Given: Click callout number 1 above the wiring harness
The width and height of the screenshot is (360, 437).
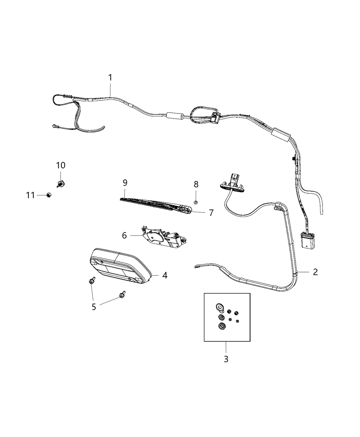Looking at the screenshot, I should click(110, 78).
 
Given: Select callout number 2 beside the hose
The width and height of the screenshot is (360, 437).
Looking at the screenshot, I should click(315, 272).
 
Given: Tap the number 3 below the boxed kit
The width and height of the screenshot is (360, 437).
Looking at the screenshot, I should click(226, 359).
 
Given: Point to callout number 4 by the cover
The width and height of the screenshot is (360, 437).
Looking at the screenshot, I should click(165, 275).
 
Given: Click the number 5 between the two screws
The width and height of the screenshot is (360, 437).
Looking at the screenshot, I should click(94, 306).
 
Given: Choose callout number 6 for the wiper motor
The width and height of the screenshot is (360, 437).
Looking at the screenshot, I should click(124, 235).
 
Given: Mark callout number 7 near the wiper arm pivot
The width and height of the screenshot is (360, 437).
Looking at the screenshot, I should click(211, 213).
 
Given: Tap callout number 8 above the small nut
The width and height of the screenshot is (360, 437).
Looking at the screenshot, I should click(196, 184).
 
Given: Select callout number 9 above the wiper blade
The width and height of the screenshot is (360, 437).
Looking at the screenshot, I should click(125, 182).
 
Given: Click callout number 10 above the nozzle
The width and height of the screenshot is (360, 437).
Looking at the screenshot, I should click(61, 165).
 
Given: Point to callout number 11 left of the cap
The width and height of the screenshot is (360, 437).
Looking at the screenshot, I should click(31, 195).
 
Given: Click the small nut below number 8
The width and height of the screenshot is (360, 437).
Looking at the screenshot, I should click(195, 203).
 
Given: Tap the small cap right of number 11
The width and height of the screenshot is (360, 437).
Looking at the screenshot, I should click(49, 195).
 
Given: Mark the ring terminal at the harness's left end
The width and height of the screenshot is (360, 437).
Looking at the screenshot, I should click(55, 126).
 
